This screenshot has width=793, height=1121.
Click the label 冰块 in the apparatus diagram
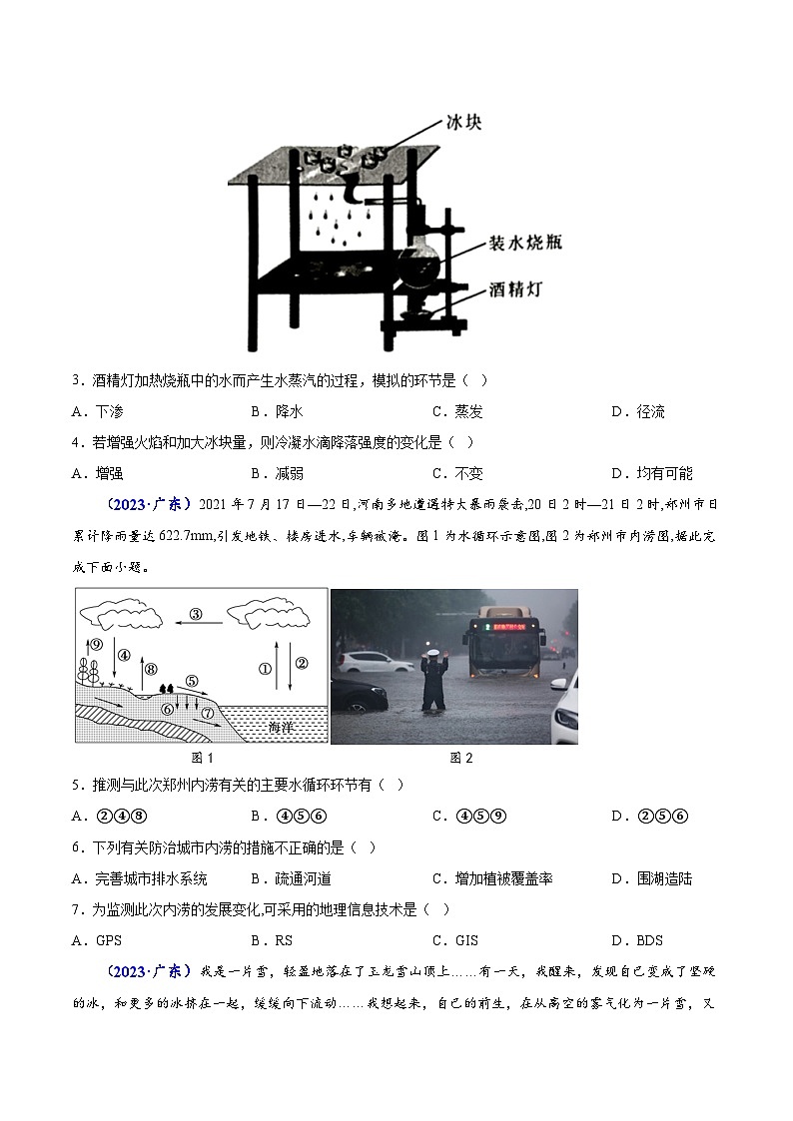click(463, 126)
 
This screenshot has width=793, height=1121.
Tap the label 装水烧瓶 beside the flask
click(524, 245)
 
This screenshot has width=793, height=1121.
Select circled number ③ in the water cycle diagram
click(196, 614)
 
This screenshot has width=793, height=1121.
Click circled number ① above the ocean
click(266, 669)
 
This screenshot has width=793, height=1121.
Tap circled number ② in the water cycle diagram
click(302, 662)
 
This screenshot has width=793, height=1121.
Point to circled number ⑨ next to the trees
click(96, 645)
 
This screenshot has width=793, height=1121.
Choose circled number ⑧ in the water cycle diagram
click(150, 669)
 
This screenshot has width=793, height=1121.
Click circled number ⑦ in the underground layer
click(207, 714)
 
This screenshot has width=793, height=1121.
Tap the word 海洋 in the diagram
click(284, 729)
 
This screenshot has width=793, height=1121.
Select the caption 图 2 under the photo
click(460, 758)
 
